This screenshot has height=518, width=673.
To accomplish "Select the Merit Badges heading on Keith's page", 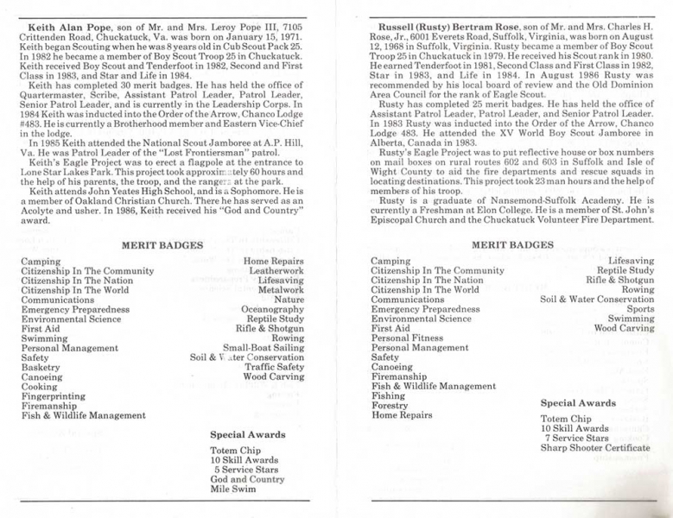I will click(x=162, y=245).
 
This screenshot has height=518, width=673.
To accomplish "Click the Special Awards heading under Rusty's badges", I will click(x=578, y=402).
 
